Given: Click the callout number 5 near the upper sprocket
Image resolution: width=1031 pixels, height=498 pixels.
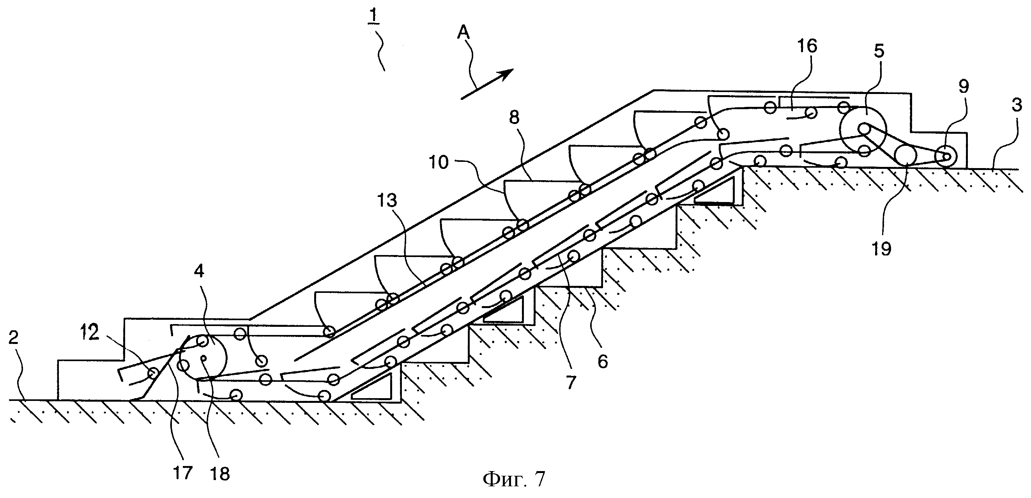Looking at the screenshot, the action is (878, 51).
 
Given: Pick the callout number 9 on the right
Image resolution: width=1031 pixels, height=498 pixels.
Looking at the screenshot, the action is (963, 87).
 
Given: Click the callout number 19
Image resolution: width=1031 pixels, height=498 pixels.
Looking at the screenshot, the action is (881, 248).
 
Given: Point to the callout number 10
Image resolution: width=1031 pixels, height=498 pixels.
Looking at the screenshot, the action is (439, 162).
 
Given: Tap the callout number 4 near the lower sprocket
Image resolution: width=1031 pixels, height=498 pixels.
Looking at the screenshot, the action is (198, 271).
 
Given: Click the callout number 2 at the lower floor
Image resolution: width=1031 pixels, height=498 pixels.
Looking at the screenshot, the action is (14, 338).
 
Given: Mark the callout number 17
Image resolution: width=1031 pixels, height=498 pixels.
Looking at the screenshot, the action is (182, 473).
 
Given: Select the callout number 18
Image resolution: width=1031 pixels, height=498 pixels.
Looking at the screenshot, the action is (220, 474).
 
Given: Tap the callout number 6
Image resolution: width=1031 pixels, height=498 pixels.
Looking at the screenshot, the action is (603, 362).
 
